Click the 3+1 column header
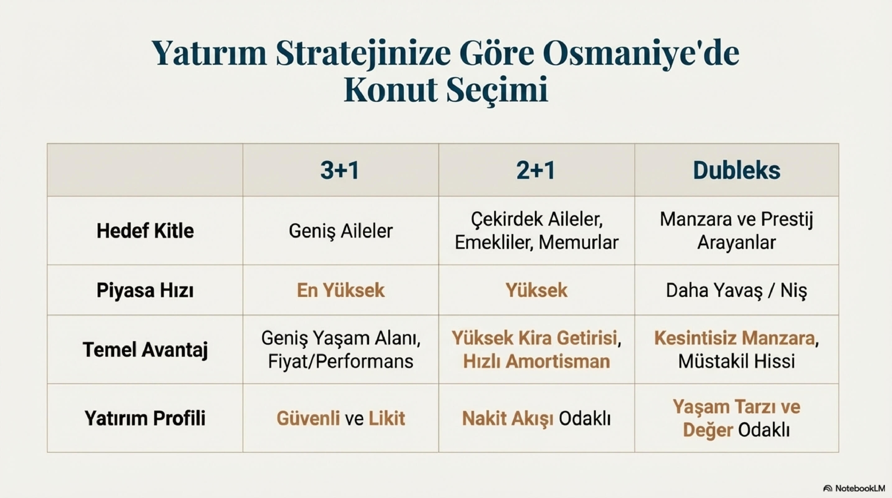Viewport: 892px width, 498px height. point(340,171)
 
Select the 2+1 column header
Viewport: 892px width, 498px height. point(536,171)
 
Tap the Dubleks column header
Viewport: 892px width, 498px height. point(737,171)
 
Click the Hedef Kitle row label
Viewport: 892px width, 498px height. point(145,231)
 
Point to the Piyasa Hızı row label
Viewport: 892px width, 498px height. point(145,290)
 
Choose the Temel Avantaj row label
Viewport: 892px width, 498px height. point(145,350)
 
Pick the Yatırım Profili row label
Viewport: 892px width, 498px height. point(145,418)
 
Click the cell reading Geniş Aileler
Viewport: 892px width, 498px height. point(341,231)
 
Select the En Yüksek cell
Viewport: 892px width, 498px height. point(341,290)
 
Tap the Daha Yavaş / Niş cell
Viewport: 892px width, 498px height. point(737,291)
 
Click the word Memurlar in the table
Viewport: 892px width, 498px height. point(579,243)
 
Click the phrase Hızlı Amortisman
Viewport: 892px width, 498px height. point(537,361)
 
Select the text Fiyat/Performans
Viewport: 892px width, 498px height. point(341,361)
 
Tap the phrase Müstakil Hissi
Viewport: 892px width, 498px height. point(737,361)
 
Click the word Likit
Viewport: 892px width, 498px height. point(387,418)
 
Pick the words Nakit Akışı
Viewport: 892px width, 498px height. point(508,419)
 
